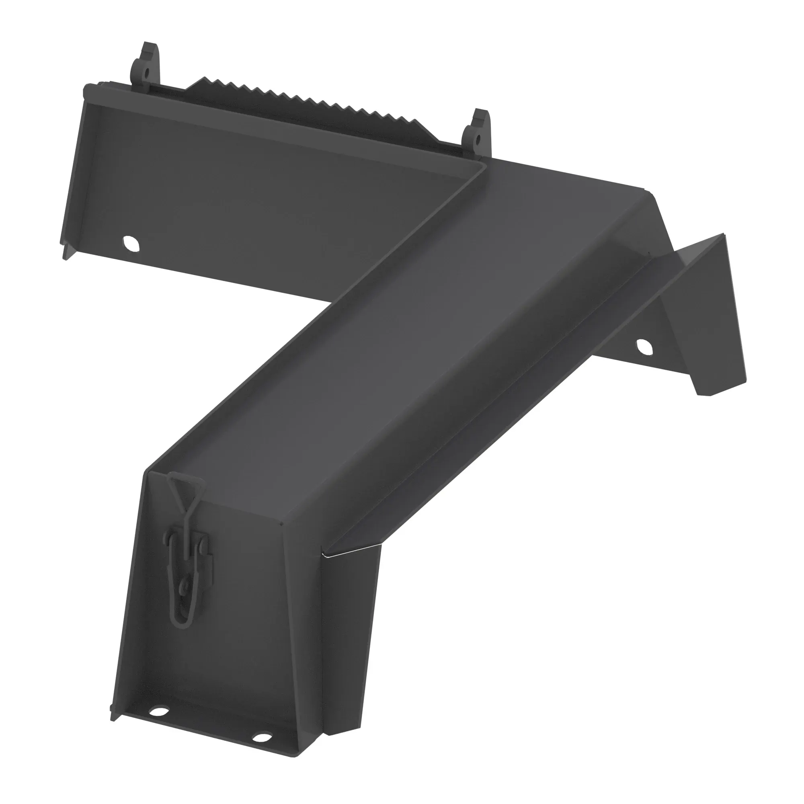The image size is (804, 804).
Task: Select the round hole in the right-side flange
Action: (x=642, y=346)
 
